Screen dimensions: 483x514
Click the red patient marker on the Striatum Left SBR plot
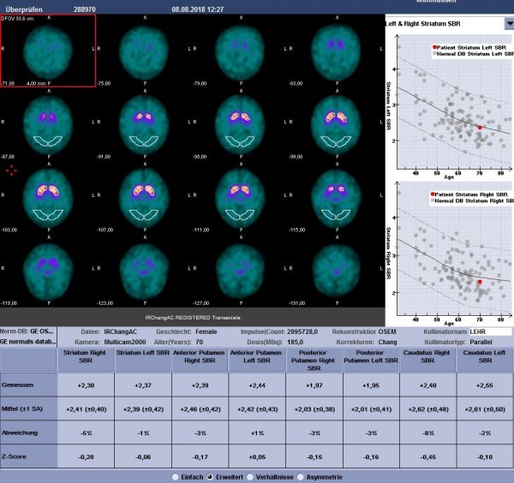click(480, 127)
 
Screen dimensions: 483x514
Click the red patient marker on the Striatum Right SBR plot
click(480, 281)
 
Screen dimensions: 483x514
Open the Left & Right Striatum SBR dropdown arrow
click(509, 24)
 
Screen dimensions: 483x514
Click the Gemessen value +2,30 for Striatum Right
click(85, 385)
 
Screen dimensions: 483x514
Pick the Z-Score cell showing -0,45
click(427, 456)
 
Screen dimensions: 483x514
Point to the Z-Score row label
click(15, 456)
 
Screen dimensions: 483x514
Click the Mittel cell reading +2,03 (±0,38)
click(314, 408)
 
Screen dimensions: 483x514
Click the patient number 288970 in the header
click(87, 8)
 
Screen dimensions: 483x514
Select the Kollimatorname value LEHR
click(478, 331)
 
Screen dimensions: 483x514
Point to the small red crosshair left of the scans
click(12, 170)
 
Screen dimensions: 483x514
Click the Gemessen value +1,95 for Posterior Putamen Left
click(370, 385)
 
